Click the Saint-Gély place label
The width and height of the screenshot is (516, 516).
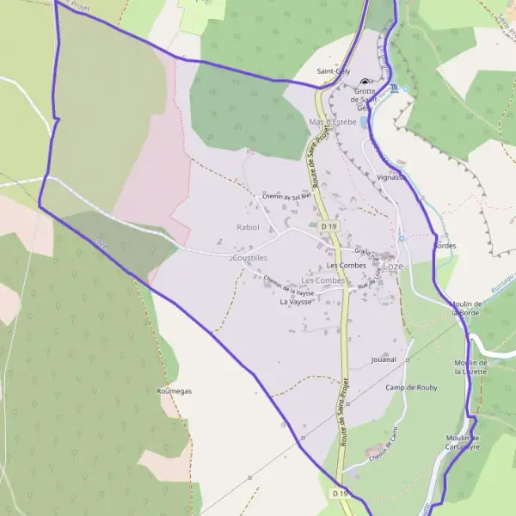[x=334, y=71]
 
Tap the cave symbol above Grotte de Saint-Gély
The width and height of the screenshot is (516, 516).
[x=365, y=82]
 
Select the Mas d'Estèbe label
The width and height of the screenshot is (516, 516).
[x=332, y=123]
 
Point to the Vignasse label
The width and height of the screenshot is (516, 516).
[x=390, y=175]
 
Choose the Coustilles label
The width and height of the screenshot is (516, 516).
[x=249, y=257]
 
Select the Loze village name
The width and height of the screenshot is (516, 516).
[x=393, y=267]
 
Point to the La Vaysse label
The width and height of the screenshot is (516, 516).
[x=295, y=303]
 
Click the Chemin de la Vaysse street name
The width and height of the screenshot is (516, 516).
[x=289, y=286]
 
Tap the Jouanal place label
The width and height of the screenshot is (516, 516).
[x=384, y=359]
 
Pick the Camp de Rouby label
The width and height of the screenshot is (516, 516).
[x=411, y=387]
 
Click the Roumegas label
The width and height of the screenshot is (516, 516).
[x=174, y=390]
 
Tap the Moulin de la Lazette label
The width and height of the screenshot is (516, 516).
[x=470, y=367]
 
